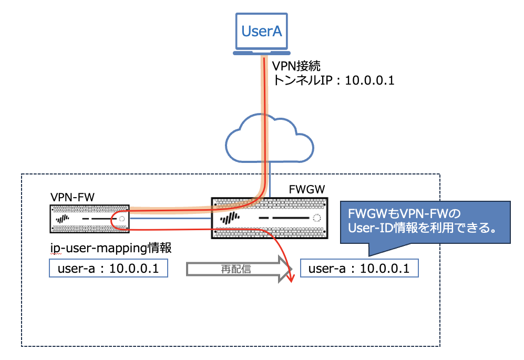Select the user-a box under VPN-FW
tap(108, 269)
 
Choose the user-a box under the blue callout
tap(359, 269)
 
